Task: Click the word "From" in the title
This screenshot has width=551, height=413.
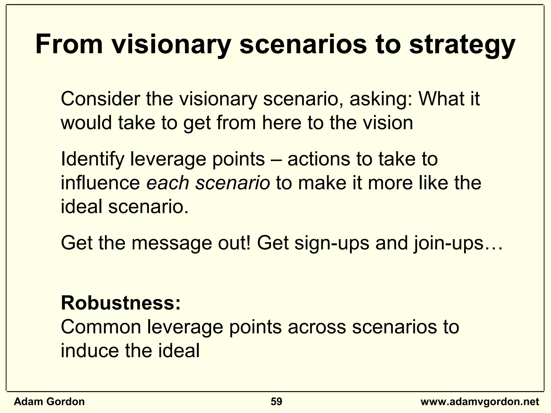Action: coord(69,44)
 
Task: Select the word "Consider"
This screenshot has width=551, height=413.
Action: coord(100,99)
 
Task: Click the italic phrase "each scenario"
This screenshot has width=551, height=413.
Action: coord(208,183)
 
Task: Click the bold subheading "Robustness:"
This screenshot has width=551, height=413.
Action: coord(121,303)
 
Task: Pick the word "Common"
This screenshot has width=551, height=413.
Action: coord(101,327)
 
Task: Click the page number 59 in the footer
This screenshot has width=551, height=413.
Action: coord(276,402)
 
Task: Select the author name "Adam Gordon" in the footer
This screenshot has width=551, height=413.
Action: coord(49,402)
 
